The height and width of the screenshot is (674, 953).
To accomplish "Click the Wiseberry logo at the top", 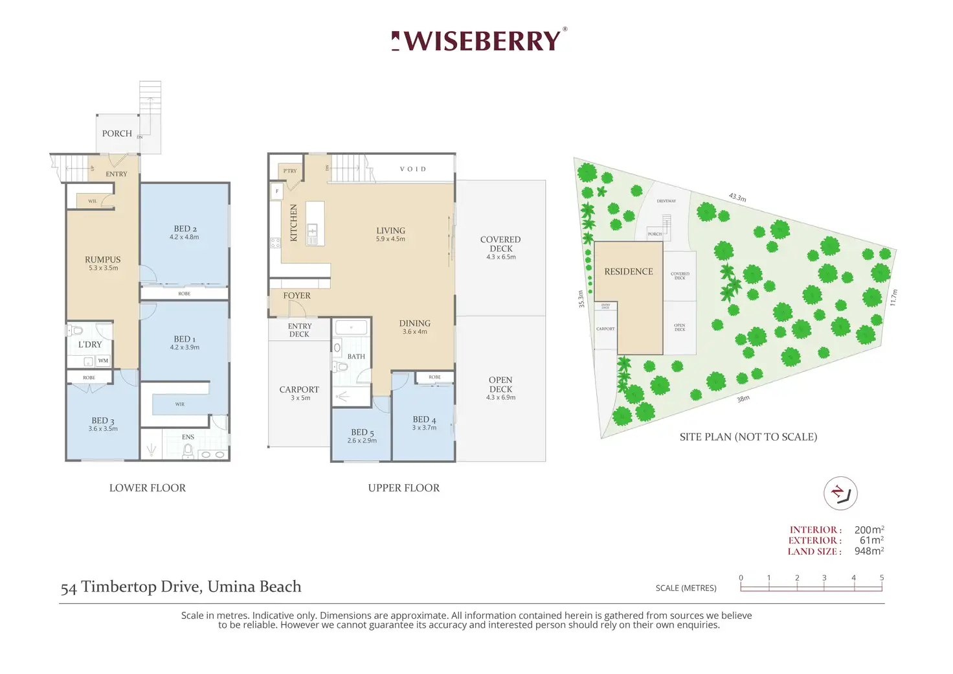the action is pos(479,41).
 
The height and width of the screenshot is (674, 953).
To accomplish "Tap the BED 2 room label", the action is pos(185,229).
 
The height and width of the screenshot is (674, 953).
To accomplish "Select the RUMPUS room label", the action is pos(103,259).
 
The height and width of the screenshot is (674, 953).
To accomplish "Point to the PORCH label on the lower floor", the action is pos(117,134).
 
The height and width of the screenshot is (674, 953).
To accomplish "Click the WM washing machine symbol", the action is pos(103,360).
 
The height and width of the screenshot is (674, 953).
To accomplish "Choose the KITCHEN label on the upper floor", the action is pos(293,222).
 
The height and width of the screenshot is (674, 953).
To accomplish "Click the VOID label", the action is pos(413,169).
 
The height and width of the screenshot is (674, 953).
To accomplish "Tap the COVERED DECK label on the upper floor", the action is pos(500,244).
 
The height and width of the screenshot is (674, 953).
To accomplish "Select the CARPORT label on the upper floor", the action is pos(299,389).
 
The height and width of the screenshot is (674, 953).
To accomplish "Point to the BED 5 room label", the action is pos(363,432).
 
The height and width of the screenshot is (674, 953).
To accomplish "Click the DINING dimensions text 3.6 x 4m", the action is pos(415,332).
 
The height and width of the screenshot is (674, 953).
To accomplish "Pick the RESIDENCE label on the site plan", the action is pos(629,272).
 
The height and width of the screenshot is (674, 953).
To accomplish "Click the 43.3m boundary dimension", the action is pos(737,197).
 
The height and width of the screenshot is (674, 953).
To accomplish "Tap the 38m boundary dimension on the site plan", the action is pos(743,399).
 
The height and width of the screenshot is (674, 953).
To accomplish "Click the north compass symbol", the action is pos(840,494).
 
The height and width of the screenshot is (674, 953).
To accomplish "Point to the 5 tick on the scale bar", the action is pos(881,578).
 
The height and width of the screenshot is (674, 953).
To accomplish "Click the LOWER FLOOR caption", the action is pos(148,488).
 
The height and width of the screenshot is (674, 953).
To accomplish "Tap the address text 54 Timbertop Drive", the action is pos(181,587).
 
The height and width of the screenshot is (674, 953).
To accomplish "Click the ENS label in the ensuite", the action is pos(188,437).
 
